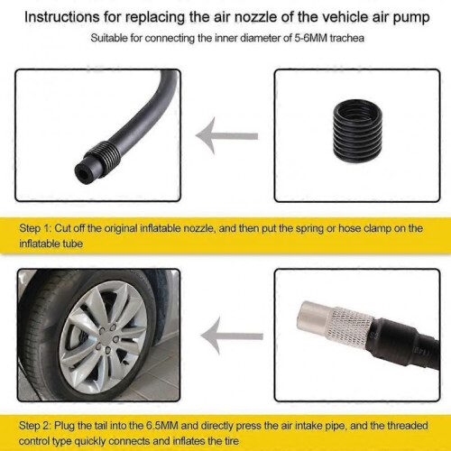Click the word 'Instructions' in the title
click(x=62, y=17)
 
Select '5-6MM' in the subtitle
click(x=310, y=38)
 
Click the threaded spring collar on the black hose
click(x=104, y=152)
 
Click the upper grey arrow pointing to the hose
click(x=226, y=135)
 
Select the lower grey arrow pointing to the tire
click(x=232, y=336)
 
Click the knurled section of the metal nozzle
click(x=350, y=328)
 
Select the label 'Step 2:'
click(x=35, y=426)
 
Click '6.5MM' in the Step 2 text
click(x=162, y=426)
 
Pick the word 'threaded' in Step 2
click(x=407, y=426)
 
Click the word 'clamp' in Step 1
click(x=377, y=229)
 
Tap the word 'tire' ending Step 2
click(x=231, y=441)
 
